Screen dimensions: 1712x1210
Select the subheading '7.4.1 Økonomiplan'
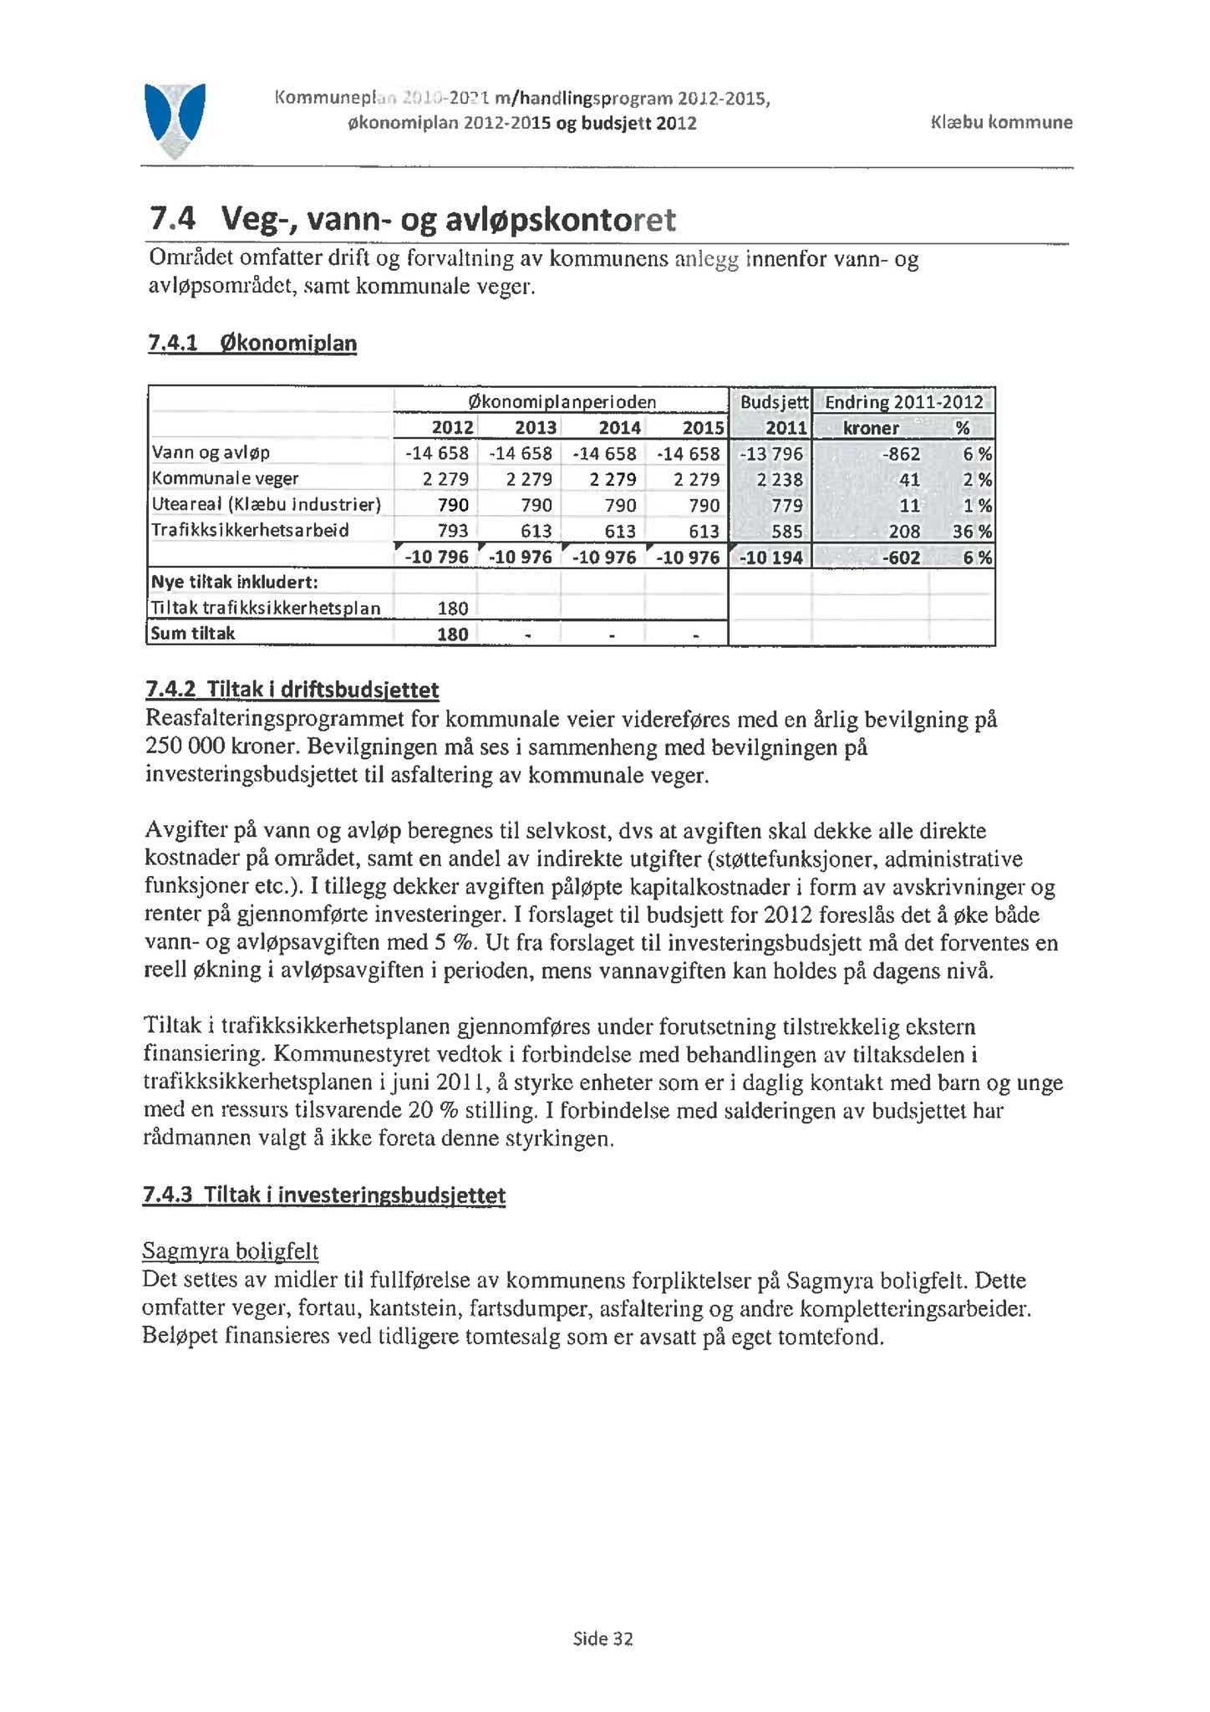252,344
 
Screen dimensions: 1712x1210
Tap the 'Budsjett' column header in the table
774,402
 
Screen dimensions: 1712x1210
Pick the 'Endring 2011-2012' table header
903,402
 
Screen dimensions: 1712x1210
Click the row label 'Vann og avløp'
211,453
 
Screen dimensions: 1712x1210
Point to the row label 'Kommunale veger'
225,479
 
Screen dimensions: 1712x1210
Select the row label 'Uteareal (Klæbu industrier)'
266,505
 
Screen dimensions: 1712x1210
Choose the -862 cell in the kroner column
901,454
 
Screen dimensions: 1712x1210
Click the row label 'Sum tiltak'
193,634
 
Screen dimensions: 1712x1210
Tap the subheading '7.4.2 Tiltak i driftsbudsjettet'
292,690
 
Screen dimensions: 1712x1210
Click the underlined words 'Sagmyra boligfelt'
231,1251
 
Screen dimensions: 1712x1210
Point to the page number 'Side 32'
602,1639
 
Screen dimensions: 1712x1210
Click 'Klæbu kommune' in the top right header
1001,123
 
